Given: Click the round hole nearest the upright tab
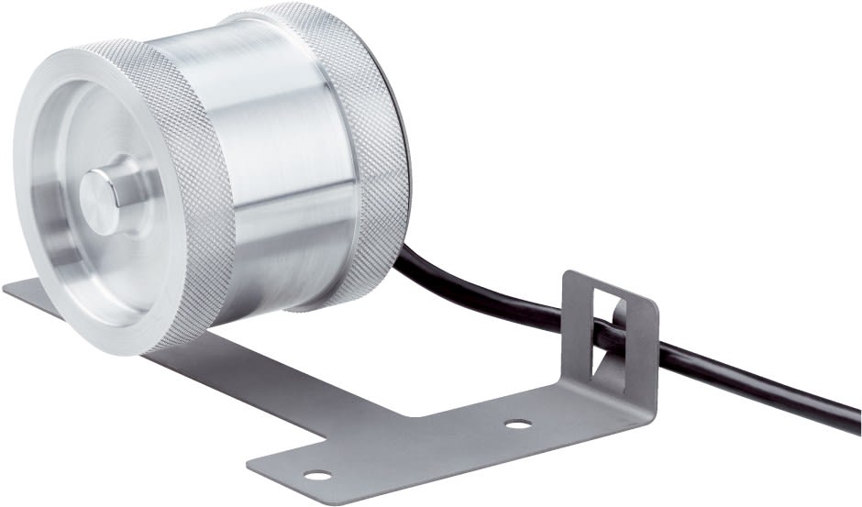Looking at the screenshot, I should pos(518,424).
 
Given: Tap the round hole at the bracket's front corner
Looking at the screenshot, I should pos(317,475).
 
